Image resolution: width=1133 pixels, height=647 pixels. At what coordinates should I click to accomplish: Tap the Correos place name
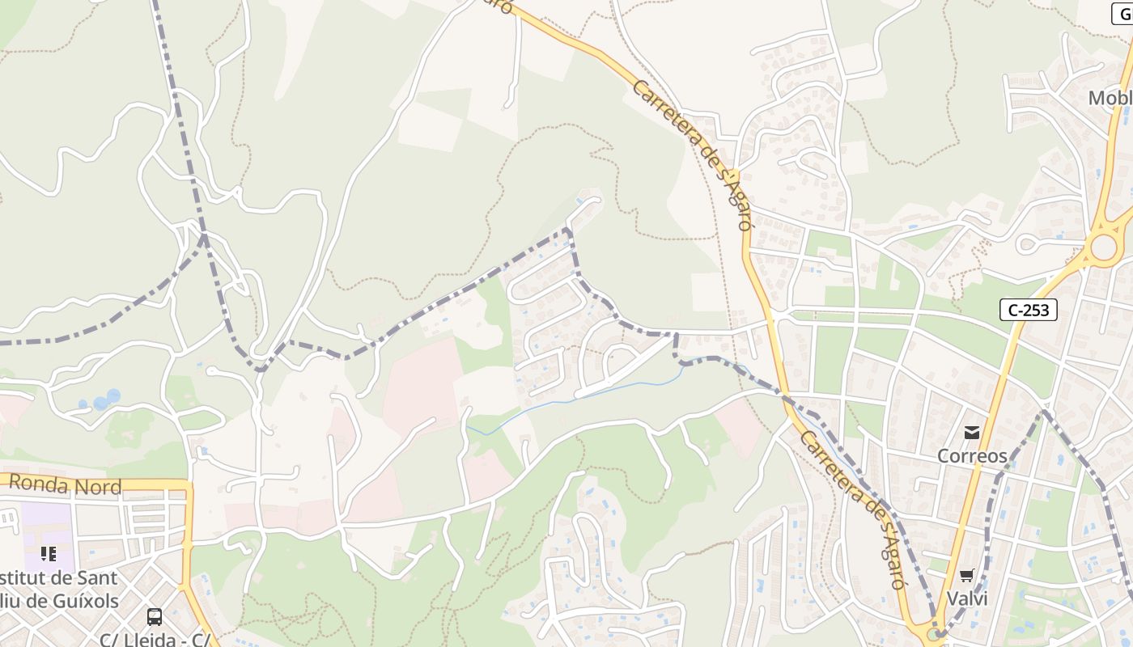click(972, 455)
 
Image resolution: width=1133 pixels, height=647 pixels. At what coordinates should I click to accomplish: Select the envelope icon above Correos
click(971, 433)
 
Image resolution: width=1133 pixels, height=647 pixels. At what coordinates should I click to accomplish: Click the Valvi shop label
click(966, 598)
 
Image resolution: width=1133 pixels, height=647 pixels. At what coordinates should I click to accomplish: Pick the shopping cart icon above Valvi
click(966, 576)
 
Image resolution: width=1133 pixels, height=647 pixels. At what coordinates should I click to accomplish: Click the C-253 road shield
click(1028, 310)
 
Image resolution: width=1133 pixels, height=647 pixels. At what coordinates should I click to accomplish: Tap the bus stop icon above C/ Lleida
click(154, 617)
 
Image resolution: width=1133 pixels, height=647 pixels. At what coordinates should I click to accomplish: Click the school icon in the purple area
click(49, 554)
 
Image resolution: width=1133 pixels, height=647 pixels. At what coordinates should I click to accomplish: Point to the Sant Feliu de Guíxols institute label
click(61, 590)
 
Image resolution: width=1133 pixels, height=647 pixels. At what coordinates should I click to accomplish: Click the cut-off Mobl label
click(1109, 99)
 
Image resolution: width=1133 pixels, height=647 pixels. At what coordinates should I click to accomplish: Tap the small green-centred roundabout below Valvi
click(935, 634)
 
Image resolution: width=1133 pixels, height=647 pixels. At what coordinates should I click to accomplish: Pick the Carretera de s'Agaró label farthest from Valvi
click(693, 154)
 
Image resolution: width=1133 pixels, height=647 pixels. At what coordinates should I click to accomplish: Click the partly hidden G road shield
click(1122, 14)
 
